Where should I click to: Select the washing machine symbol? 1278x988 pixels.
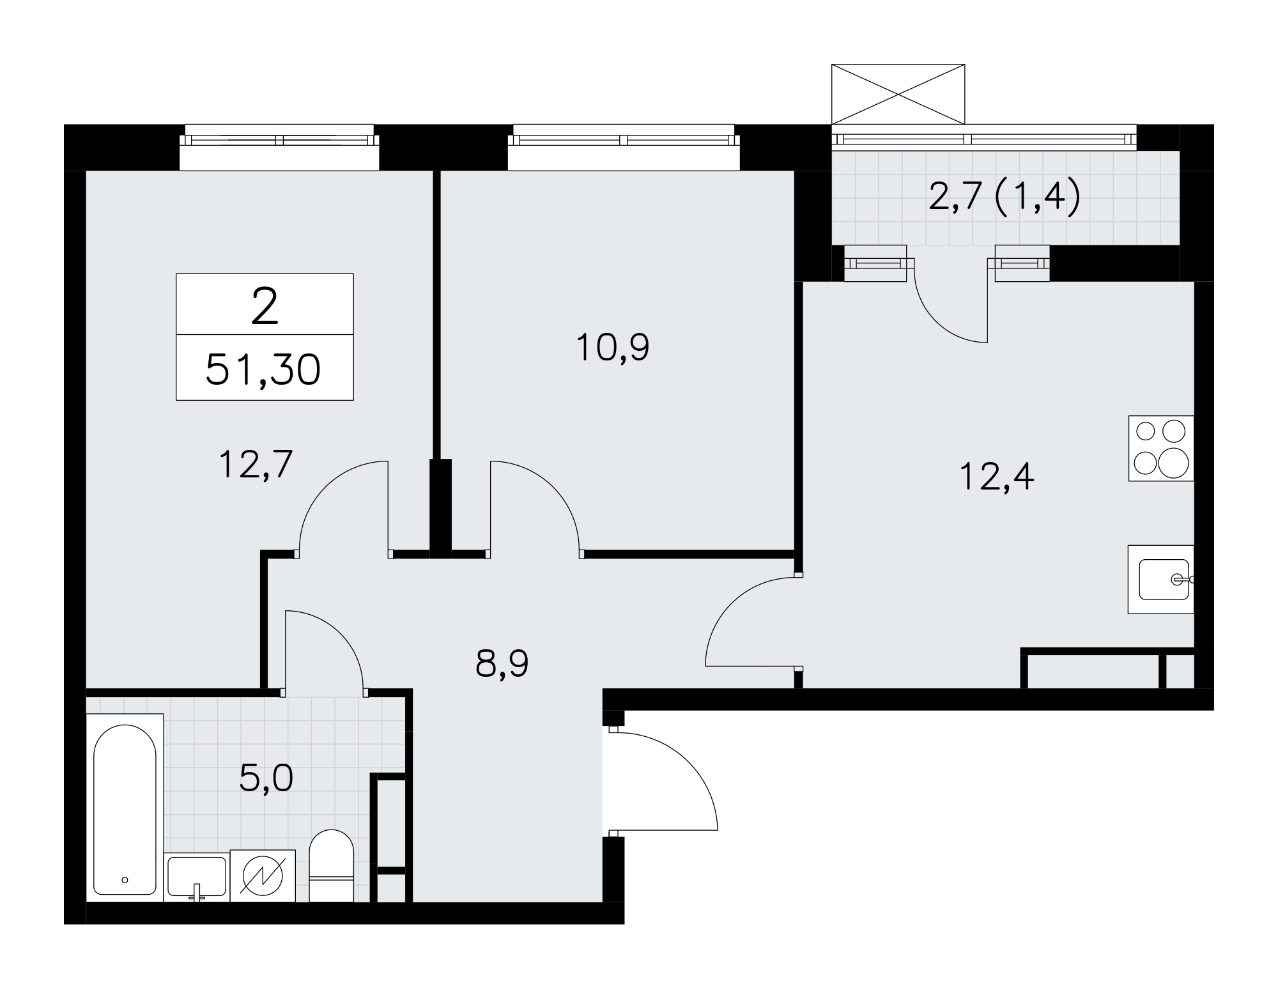coord(263,876)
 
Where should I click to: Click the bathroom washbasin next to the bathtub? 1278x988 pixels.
coord(196,877)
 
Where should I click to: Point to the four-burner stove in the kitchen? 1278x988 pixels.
coord(1161,448)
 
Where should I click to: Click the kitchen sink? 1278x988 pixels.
coord(1161,580)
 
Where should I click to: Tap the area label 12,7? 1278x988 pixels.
coord(256,464)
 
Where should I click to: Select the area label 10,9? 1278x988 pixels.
coord(613,348)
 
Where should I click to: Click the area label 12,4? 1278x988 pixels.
coord(997,477)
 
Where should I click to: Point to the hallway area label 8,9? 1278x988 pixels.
coord(502,665)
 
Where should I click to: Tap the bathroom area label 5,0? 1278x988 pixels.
coord(266,778)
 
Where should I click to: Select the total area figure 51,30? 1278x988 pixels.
coord(263,370)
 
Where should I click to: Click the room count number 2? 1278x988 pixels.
coord(265,305)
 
